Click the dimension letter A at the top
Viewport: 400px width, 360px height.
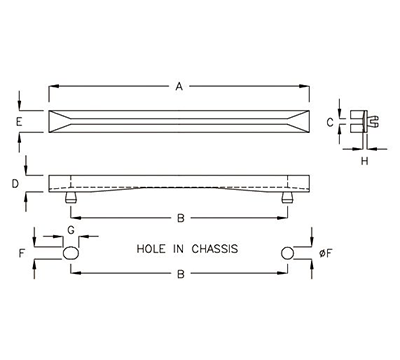point(178,88)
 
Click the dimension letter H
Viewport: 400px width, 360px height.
point(362,160)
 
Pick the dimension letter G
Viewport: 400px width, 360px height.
point(70,231)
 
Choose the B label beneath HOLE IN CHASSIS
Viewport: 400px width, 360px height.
point(178,272)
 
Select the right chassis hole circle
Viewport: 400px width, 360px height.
point(288,253)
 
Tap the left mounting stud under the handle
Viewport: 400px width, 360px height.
point(70,198)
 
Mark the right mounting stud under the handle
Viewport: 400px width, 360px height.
point(286,198)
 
